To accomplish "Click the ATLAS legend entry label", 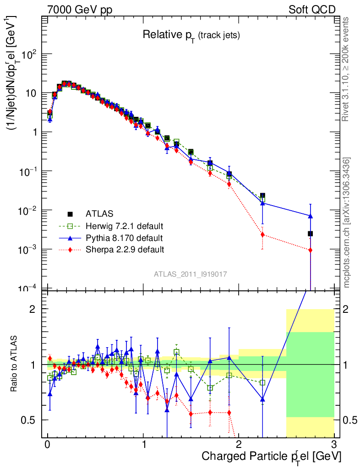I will tap(99, 213).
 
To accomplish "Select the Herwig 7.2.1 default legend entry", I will tap(124, 226).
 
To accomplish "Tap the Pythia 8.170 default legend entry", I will tap(124, 238).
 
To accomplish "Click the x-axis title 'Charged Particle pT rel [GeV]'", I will tap(271, 456).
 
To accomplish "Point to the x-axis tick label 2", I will tap(239, 445).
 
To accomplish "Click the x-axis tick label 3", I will tap(334, 445).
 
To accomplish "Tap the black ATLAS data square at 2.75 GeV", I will tap(310, 234).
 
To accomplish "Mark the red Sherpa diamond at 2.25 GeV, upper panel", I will tap(262, 234).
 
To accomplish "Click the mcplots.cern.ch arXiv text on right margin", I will tap(347, 223).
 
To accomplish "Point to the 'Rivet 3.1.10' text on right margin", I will tap(347, 69).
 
